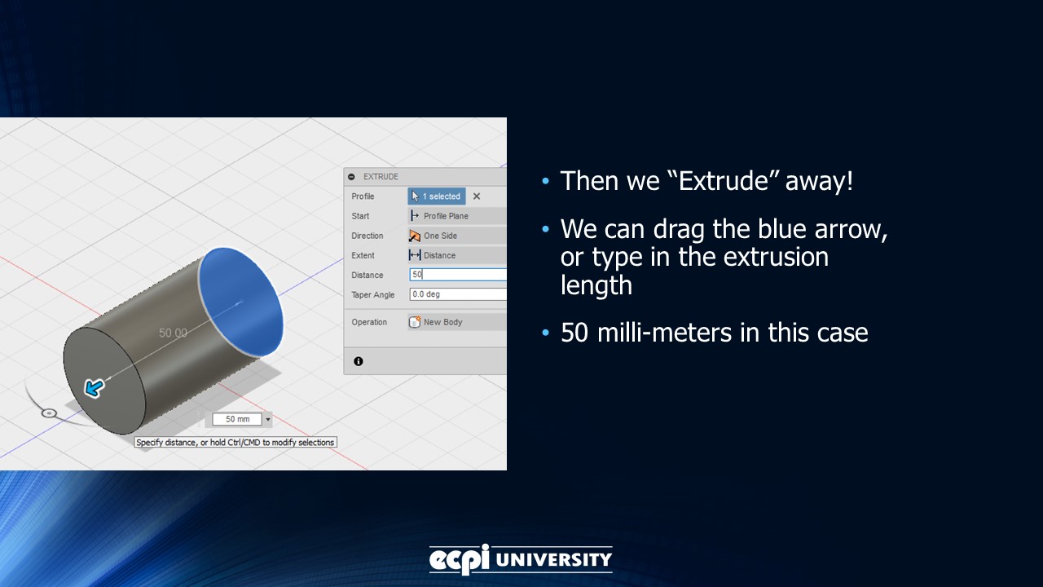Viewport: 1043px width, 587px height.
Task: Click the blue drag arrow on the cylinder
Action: click(95, 388)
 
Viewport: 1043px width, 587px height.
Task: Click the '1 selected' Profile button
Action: click(437, 196)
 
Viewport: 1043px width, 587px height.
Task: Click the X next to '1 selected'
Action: click(477, 196)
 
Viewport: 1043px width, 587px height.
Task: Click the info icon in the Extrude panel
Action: click(359, 361)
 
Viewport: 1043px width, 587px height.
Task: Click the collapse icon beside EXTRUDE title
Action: click(351, 177)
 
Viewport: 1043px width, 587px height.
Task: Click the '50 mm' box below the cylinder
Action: click(237, 419)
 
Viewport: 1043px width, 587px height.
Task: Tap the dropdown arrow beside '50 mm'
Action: click(268, 420)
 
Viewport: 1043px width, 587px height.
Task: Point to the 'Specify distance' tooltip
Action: click(235, 443)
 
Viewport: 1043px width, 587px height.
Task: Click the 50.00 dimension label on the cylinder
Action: click(173, 333)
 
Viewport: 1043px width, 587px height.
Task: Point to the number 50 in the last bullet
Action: click(575, 333)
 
